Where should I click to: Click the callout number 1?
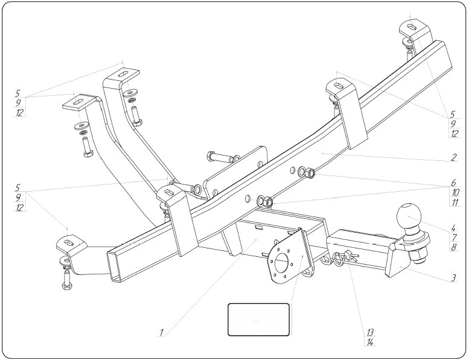pyautogui.click(x=162, y=332)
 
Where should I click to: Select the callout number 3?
pyautogui.click(x=451, y=279)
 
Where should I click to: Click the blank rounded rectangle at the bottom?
pyautogui.click(x=258, y=319)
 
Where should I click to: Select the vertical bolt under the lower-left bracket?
pyautogui.click(x=65, y=279)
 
